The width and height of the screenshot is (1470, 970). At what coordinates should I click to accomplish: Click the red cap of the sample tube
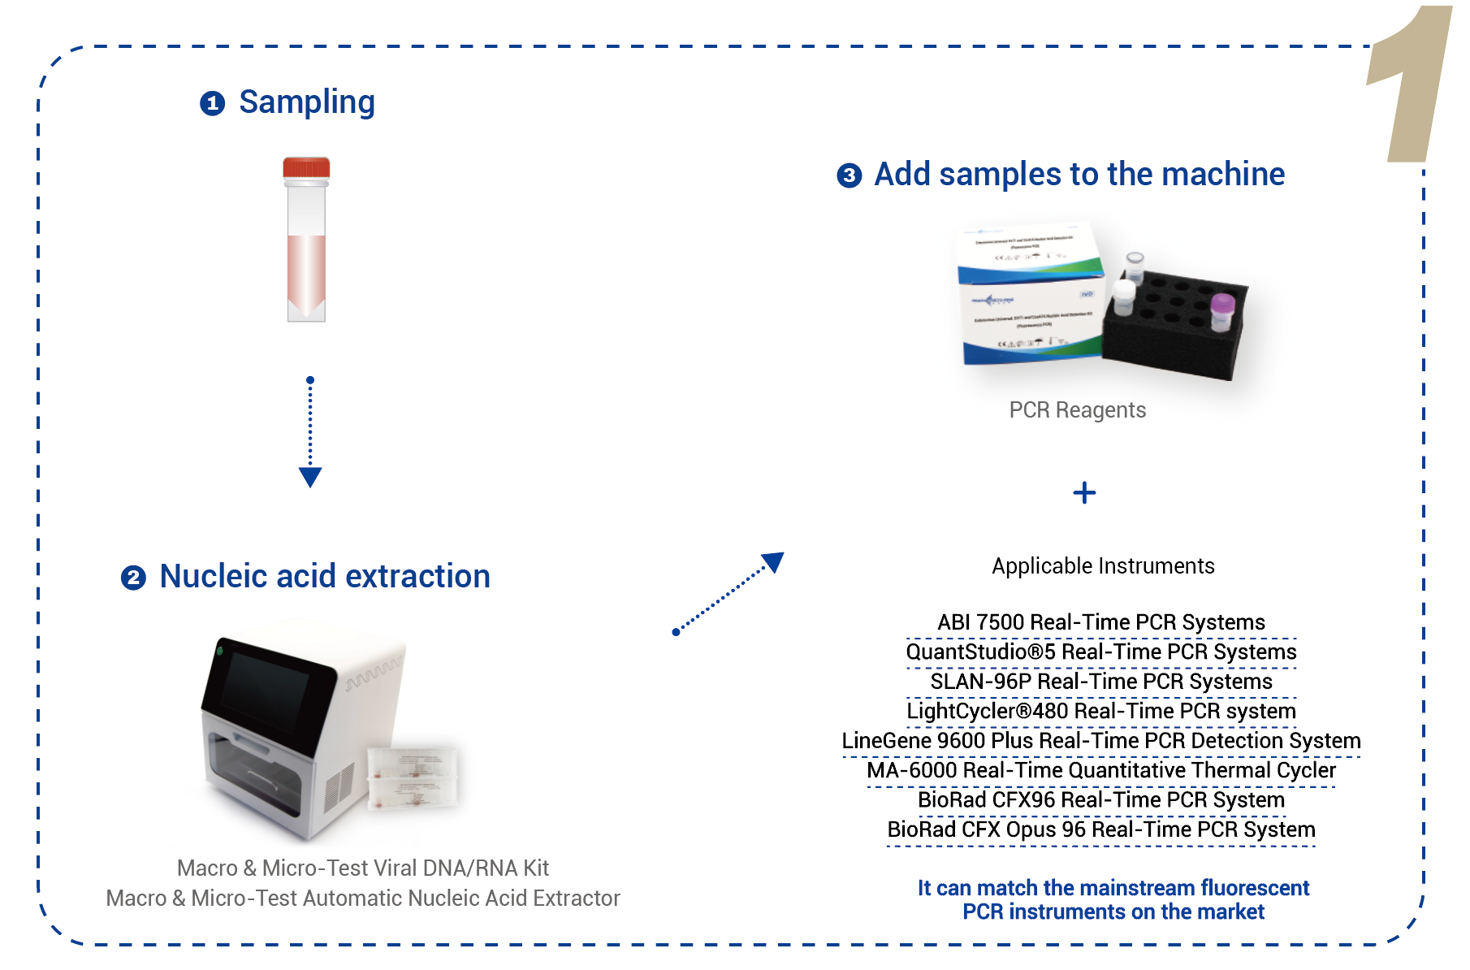pos(306,168)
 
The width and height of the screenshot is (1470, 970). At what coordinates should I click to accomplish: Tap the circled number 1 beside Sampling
pos(212,104)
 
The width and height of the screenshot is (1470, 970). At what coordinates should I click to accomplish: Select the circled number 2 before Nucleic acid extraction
pos(133,578)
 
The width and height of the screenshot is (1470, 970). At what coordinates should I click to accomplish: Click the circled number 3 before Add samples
pos(849,175)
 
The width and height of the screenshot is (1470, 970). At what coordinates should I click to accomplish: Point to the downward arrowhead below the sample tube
pos(310,476)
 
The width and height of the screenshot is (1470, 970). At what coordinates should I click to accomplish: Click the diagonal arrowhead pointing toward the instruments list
pos(773,561)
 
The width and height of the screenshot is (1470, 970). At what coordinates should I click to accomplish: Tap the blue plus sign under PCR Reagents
pos(1084,493)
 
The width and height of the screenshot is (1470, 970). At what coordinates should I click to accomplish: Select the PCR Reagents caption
pos(1077,410)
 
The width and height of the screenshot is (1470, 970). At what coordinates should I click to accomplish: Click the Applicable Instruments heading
pos(1103,566)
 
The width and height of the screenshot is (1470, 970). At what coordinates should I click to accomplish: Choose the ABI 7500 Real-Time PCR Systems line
pos(1101,622)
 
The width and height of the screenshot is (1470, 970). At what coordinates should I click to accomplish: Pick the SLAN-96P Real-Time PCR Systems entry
pos(1101,682)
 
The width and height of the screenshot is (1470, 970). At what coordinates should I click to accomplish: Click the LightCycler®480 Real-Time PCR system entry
pos(1101,711)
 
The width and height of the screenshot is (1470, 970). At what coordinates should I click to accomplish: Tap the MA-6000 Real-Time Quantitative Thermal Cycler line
pos(1101,770)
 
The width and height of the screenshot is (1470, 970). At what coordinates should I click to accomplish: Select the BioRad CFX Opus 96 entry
pos(1101,829)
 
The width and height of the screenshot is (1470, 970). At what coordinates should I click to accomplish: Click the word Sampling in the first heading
pos(307,102)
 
